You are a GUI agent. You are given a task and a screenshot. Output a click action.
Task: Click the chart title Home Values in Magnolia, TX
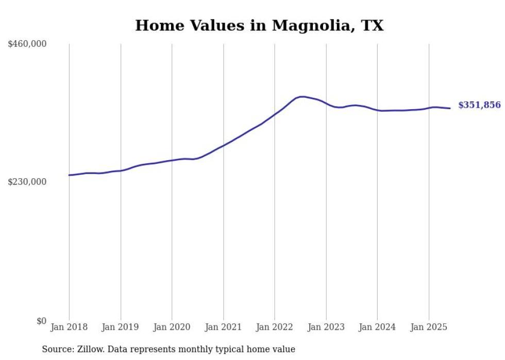[259, 25]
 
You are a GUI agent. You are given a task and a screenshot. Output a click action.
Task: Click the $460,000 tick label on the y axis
[27, 44]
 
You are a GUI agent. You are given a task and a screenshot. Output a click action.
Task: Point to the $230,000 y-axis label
[27, 182]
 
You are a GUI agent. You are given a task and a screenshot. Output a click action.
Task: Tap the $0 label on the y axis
[41, 321]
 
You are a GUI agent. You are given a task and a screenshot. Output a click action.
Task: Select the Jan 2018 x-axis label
[69, 327]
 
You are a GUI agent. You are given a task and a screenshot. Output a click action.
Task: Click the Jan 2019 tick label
[121, 327]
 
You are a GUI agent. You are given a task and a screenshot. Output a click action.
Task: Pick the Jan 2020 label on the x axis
[172, 327]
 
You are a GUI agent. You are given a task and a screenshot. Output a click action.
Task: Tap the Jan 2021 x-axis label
[223, 327]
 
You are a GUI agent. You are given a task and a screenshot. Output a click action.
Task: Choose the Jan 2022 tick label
[275, 327]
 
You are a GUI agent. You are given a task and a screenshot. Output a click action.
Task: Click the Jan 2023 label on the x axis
[326, 327]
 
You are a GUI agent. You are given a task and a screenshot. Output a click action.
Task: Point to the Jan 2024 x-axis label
[377, 327]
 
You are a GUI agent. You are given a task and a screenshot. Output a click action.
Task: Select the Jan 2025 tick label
[429, 327]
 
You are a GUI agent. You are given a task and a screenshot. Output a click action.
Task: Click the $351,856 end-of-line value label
[479, 105]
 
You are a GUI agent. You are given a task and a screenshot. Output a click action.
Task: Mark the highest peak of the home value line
[302, 96]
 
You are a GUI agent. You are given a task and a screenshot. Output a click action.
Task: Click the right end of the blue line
[450, 108]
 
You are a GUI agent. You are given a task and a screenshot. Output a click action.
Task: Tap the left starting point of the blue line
[69, 175]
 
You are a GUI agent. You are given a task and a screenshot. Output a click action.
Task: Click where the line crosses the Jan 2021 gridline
[223, 145]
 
